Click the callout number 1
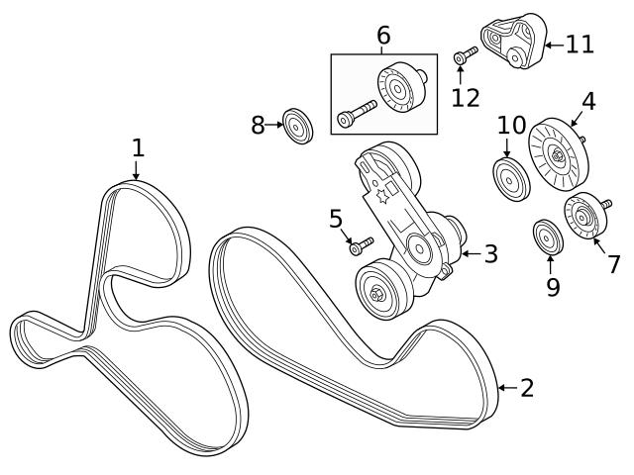(x=138, y=148)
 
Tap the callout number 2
(x=526, y=387)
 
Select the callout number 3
(x=489, y=253)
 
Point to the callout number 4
(x=587, y=101)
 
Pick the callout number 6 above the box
(x=383, y=37)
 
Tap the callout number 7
(x=613, y=264)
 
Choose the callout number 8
(x=258, y=126)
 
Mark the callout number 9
(x=553, y=287)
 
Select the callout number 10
(x=511, y=126)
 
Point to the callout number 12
(x=465, y=97)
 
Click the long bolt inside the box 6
(x=358, y=113)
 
